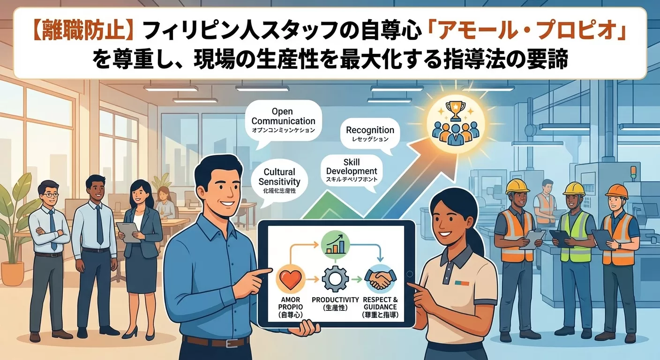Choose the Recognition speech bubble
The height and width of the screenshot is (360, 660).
(370, 134)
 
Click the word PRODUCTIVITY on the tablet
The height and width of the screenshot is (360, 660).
(335, 300)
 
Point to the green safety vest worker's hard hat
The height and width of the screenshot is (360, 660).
(574, 188)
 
